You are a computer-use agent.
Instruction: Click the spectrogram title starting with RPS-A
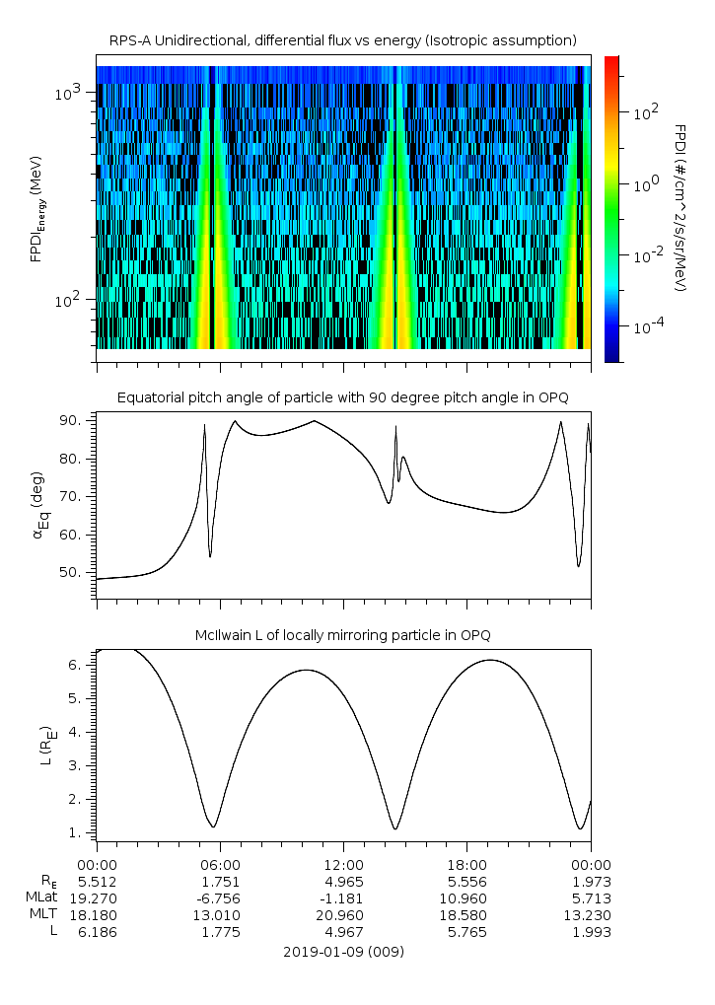pos(342,40)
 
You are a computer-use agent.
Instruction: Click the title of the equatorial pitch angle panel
pos(342,397)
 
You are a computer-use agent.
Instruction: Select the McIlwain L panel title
pos(342,634)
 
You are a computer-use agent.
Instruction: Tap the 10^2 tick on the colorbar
pos(645,113)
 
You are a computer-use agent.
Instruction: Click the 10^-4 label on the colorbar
pos(647,326)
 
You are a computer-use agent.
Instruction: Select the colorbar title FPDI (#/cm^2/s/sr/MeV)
pos(679,208)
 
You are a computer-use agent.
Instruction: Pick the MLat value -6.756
pos(219,897)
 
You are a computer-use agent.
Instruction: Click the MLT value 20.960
pos(342,915)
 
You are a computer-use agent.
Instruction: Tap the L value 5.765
pos(465,932)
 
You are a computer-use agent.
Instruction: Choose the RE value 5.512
pos(96,881)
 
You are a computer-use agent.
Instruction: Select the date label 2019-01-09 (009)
pos(342,952)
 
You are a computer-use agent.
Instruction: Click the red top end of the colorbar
pos(611,61)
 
